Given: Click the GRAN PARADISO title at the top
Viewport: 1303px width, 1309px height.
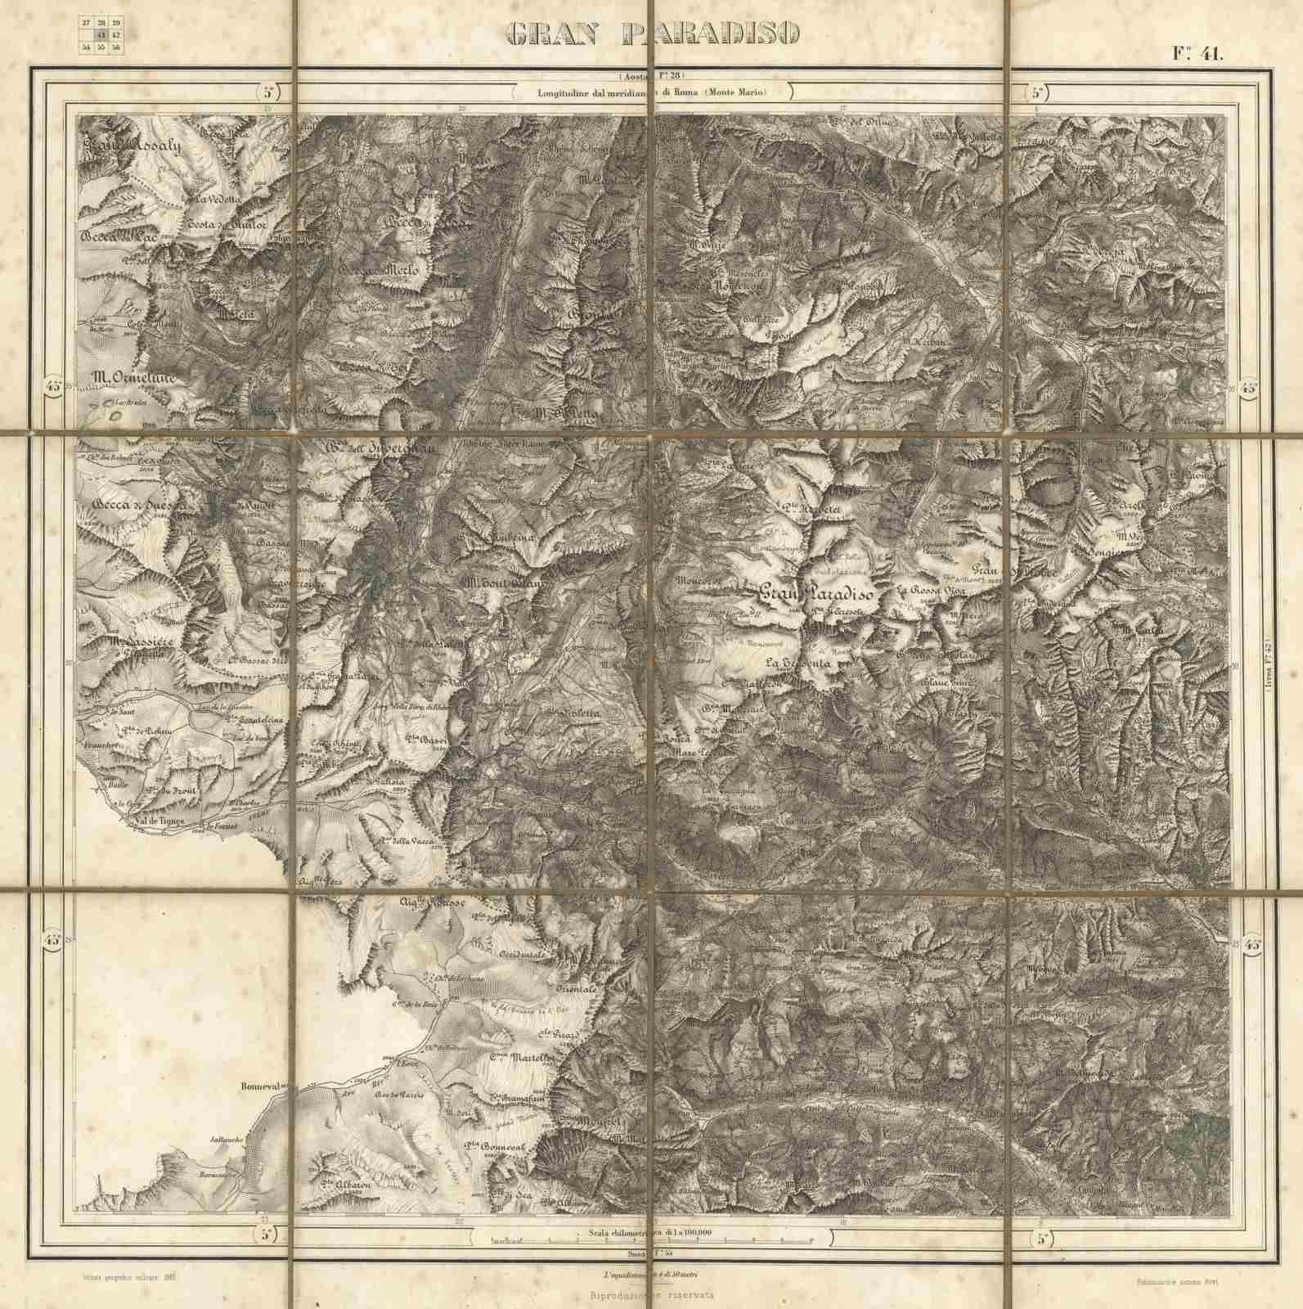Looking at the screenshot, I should [652, 33].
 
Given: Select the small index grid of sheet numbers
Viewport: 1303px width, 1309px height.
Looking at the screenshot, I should [101, 36].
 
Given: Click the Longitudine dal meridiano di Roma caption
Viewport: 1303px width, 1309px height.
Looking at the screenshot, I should [652, 93].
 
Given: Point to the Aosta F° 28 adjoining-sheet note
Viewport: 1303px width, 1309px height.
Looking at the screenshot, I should [652, 76].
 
